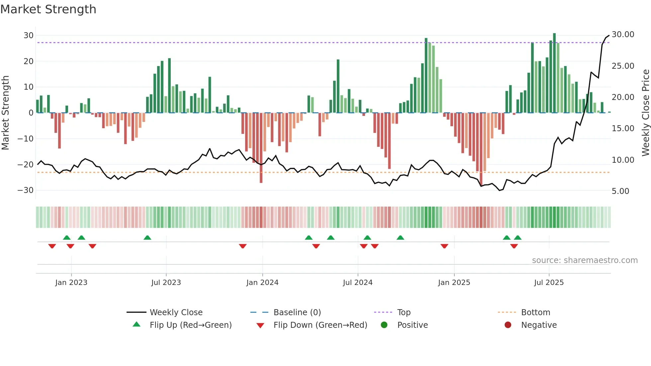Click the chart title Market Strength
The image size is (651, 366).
point(48,9)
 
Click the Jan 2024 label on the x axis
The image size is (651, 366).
point(262,283)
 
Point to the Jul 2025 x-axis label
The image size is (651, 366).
point(549,283)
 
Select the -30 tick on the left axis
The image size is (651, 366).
point(26,190)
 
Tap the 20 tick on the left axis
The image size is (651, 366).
point(29,61)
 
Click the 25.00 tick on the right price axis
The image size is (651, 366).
point(623,66)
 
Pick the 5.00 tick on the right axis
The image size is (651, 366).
point(620,191)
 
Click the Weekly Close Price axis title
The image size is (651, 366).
point(645,113)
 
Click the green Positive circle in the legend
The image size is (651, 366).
point(384,325)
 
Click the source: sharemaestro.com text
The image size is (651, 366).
point(585,260)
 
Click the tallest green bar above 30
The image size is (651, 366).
point(554,73)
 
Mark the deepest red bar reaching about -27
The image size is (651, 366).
point(261,148)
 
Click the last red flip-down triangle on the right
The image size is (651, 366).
point(514,246)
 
